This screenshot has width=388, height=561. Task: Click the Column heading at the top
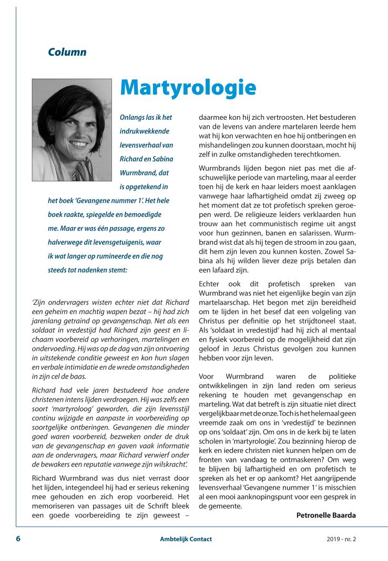67,52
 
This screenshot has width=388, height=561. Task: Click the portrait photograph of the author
72,130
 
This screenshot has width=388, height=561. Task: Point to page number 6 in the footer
18,539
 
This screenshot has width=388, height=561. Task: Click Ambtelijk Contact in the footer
186,539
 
